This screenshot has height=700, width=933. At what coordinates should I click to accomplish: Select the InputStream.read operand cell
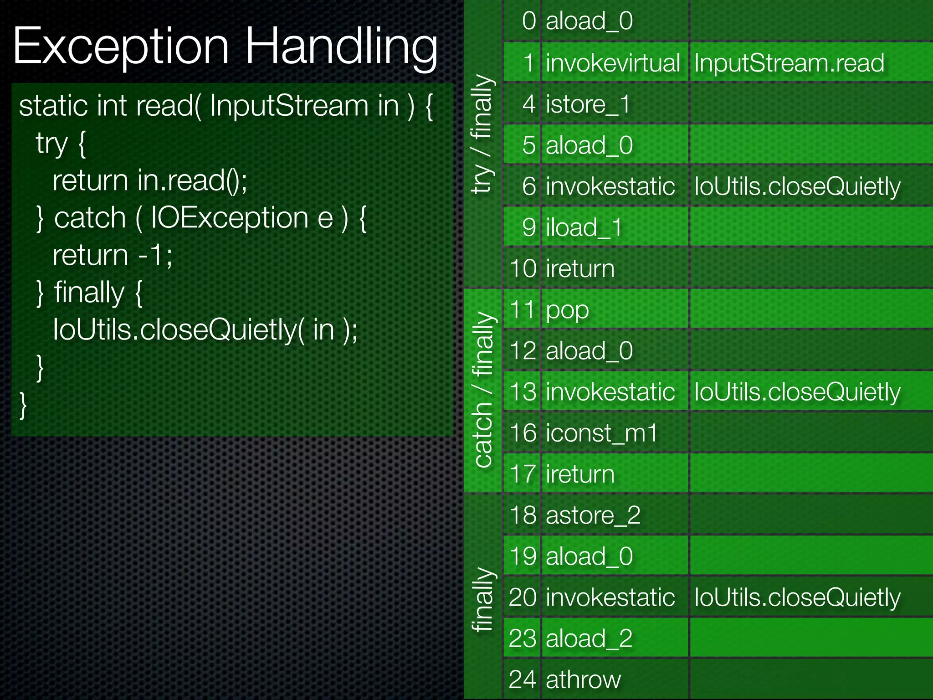point(789,63)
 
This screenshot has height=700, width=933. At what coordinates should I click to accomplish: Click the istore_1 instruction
point(588,104)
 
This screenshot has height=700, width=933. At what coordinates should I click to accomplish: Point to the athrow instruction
point(583,679)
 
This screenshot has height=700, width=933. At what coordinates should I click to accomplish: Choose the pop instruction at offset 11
point(567,309)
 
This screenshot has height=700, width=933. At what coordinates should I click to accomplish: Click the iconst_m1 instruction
point(601,433)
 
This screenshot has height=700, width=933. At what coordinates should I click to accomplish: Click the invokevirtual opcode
point(613,63)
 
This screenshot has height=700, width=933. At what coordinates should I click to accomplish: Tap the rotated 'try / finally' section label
point(482,134)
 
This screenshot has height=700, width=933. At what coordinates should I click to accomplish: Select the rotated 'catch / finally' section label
point(483,390)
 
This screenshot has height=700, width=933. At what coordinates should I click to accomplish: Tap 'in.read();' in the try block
point(192,180)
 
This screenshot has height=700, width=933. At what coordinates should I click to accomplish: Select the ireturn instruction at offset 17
point(580,474)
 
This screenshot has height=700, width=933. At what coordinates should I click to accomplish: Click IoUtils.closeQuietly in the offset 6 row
point(797,186)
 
